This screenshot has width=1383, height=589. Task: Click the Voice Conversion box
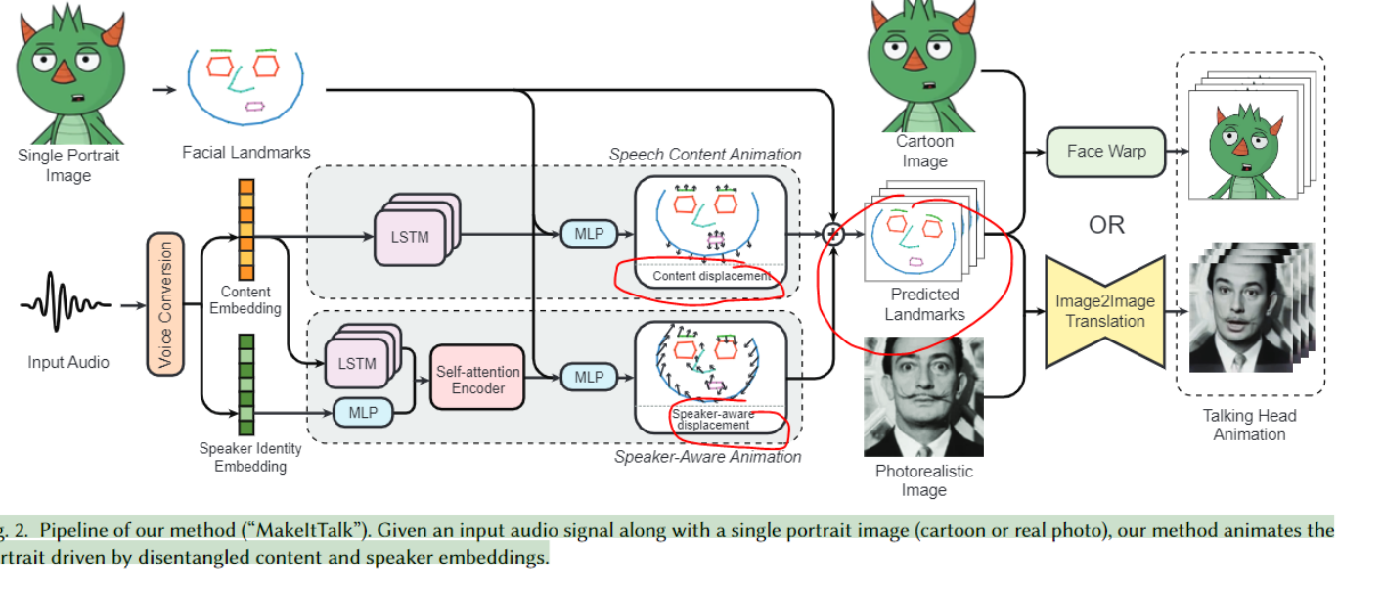[x=165, y=305]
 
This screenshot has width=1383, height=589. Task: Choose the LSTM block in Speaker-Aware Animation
[x=356, y=363]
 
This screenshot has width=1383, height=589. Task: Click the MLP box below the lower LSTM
[x=363, y=413]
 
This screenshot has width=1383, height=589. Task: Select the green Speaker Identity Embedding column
[x=246, y=384]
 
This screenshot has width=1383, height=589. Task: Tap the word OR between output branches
[x=1106, y=225]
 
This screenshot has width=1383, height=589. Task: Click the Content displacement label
[x=711, y=276]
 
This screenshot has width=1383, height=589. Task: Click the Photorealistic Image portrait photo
[x=923, y=396]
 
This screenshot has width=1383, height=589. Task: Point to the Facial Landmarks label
[x=245, y=152]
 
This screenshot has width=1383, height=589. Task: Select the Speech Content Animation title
[x=704, y=154]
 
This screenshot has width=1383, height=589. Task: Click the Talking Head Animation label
[x=1249, y=425]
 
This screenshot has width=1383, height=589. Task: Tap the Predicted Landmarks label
[x=924, y=304]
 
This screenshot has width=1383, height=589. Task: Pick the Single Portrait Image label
[x=67, y=165]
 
